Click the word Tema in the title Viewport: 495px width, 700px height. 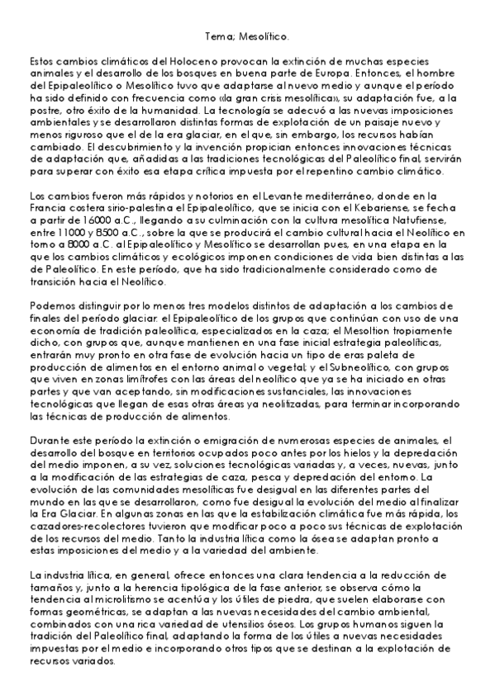[x=217, y=36]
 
